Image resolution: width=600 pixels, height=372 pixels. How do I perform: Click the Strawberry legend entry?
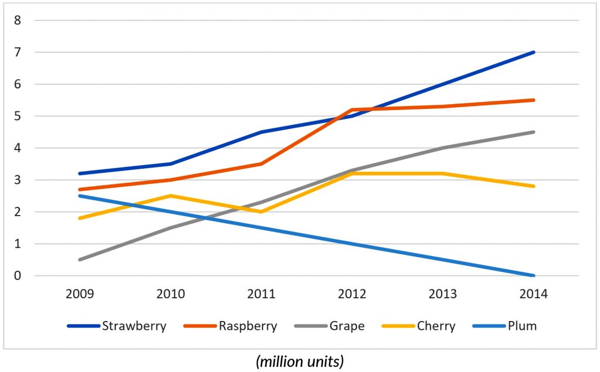click(134, 326)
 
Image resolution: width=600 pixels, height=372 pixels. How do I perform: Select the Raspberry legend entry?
click(248, 326)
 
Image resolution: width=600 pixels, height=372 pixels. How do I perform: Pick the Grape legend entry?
click(347, 326)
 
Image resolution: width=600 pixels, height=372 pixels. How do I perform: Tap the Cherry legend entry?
click(436, 326)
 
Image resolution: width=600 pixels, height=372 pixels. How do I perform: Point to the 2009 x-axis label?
click(79, 294)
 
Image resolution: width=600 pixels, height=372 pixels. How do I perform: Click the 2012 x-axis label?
click(352, 294)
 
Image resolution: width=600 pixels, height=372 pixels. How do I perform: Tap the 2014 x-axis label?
click(533, 294)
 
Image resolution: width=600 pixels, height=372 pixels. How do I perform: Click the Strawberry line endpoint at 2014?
click(533, 52)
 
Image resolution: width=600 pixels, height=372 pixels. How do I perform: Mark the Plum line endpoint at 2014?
click(533, 275)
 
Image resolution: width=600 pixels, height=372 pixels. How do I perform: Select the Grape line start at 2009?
click(79, 260)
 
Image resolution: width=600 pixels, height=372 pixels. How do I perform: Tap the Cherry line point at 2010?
click(170, 196)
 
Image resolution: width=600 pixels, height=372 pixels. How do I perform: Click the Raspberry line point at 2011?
click(261, 164)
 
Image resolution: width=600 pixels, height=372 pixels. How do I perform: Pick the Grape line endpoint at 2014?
click(533, 132)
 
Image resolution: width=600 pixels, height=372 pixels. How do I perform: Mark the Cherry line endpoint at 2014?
click(533, 186)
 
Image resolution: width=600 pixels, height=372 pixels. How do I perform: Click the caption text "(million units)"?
click(299, 362)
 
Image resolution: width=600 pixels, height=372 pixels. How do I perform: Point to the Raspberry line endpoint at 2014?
click(533, 100)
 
